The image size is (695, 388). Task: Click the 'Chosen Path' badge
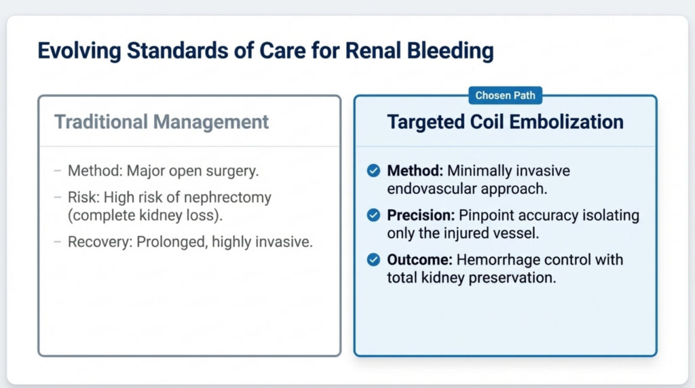pyautogui.click(x=505, y=95)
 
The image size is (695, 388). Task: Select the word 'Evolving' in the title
pyautogui.click(x=79, y=51)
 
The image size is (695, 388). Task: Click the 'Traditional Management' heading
pyautogui.click(x=162, y=122)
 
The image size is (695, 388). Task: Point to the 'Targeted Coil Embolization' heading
pyautogui.click(x=505, y=122)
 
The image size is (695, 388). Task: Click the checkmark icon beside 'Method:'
pyautogui.click(x=374, y=170)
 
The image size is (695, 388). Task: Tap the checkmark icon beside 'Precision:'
pyautogui.click(x=374, y=215)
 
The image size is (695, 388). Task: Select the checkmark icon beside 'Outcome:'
pyautogui.click(x=374, y=260)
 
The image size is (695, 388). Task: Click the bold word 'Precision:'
pyautogui.click(x=421, y=215)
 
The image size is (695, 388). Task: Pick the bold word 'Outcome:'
pyautogui.click(x=419, y=260)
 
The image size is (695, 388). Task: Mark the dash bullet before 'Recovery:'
pyautogui.click(x=57, y=242)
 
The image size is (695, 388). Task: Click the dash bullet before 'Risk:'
pyautogui.click(x=57, y=197)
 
